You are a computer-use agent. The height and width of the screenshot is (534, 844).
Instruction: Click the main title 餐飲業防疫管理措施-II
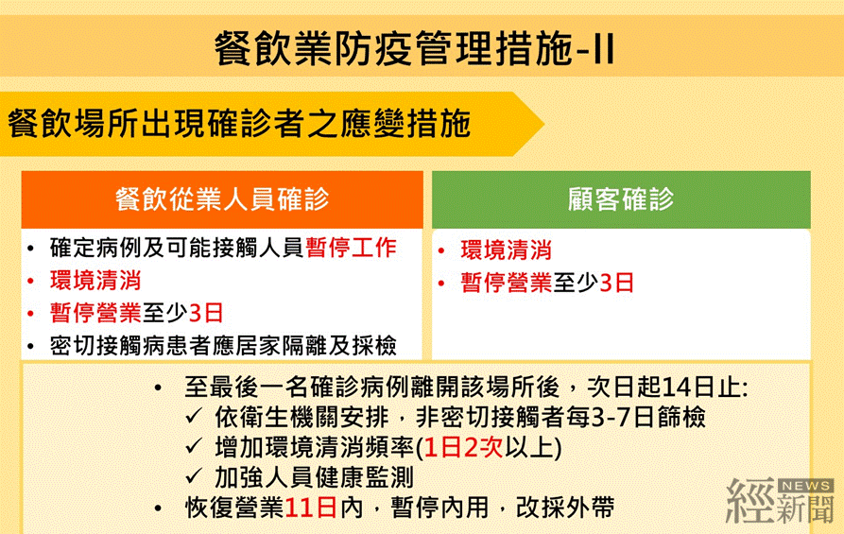point(415,48)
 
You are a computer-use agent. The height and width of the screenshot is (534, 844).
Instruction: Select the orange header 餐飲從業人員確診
point(222,198)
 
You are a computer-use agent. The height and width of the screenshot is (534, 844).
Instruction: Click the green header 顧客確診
point(621,198)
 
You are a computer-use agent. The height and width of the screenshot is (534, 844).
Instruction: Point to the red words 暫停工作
point(351,248)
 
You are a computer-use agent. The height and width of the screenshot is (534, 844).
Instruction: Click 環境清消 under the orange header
point(95,281)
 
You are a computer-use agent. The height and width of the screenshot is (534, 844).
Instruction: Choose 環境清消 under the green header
point(506,250)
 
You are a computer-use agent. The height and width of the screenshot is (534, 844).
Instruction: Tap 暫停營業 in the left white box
point(95,313)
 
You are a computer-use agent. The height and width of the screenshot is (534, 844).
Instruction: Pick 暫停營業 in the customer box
point(506,283)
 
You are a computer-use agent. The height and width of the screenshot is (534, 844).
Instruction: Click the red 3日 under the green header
point(616,283)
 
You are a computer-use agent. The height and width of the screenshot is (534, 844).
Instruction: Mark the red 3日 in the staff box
point(206,313)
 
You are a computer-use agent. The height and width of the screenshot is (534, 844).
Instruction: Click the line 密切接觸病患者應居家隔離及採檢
point(223,346)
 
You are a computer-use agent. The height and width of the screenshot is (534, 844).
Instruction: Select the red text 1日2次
point(464,447)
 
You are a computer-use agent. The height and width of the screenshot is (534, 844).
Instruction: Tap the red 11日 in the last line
point(311,508)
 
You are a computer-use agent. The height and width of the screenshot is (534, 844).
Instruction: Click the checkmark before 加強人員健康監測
point(194,477)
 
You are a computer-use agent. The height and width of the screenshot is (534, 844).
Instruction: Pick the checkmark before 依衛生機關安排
point(194,417)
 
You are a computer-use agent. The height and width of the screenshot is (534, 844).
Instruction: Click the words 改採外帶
point(565,508)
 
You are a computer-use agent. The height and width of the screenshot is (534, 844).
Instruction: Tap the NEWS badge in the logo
point(806,486)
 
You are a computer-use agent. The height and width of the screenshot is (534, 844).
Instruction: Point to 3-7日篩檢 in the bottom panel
point(648,417)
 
